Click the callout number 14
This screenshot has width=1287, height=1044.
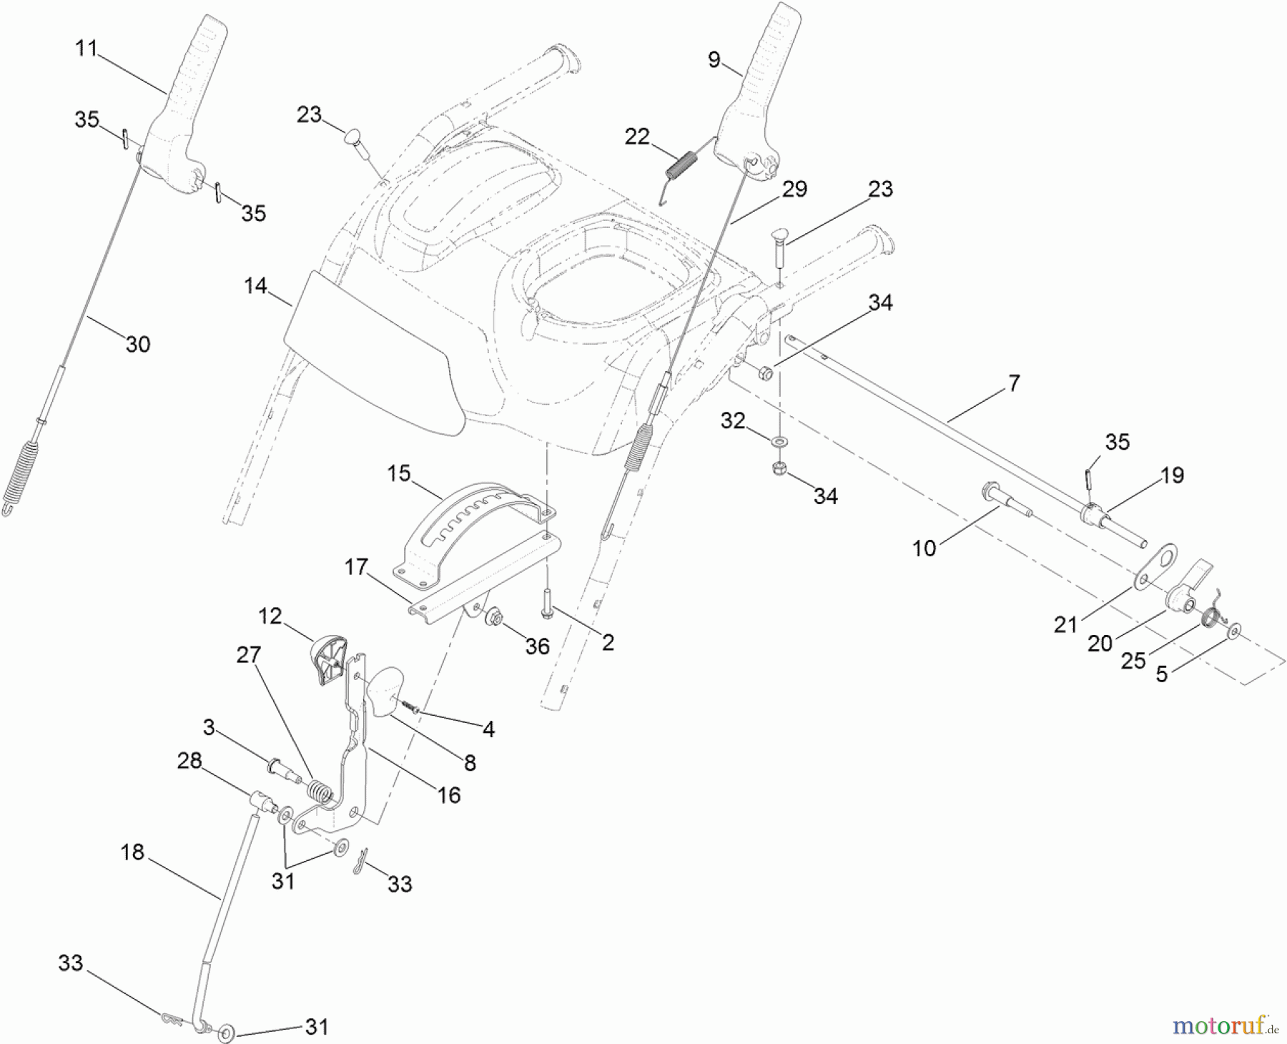(x=255, y=286)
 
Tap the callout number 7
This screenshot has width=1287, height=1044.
(x=1014, y=383)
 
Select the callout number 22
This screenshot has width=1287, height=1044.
(x=636, y=137)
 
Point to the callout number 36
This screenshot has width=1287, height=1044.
(x=537, y=646)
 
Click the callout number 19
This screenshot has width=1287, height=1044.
(x=1172, y=475)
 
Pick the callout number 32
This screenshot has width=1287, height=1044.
(x=733, y=420)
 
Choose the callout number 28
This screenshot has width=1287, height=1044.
(x=189, y=761)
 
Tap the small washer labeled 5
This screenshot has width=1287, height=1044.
(x=1235, y=630)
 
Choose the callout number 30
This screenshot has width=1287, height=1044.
(x=137, y=344)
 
